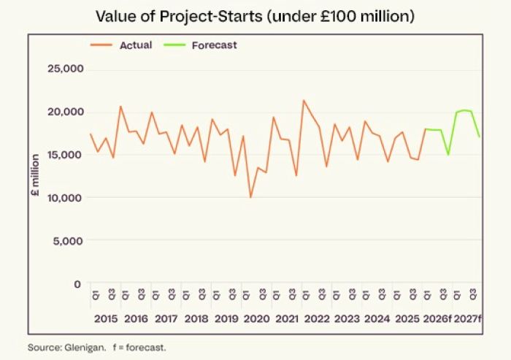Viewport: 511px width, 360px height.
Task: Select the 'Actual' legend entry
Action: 135,45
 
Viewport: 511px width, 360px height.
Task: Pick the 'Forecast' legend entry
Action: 214,45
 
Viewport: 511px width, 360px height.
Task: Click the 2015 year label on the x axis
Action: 106,319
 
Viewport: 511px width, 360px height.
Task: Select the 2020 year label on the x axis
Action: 257,319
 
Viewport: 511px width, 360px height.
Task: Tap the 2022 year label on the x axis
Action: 317,319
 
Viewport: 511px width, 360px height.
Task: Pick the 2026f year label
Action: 436,319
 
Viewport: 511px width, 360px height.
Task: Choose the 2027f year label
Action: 468,319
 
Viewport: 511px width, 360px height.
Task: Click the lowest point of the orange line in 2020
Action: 250,197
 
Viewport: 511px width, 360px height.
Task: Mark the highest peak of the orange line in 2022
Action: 304,100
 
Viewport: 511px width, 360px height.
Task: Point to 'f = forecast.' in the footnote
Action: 139,347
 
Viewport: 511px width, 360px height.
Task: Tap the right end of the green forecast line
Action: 479,137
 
